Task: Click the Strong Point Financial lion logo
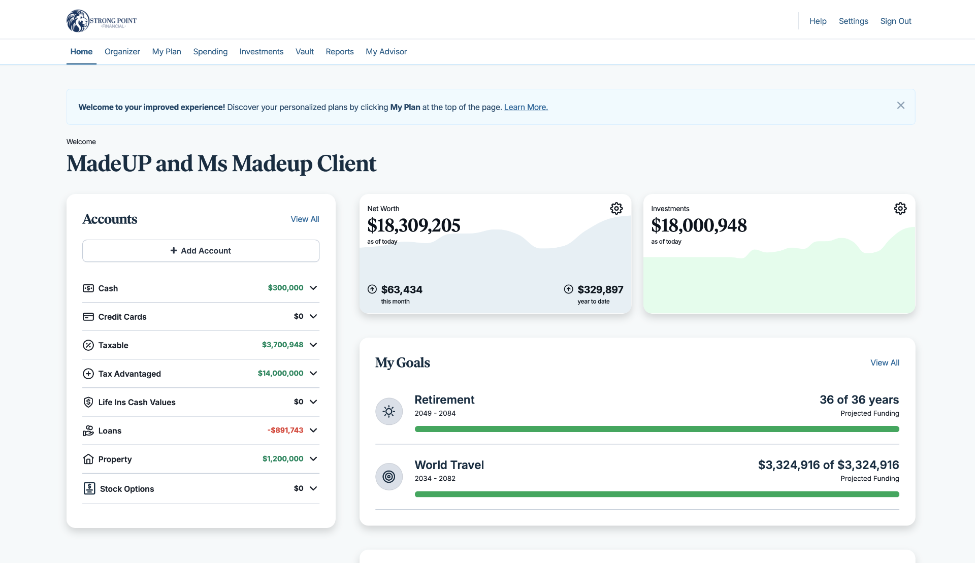(78, 21)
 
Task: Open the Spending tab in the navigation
(210, 52)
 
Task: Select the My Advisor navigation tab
(386, 52)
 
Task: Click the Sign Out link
(895, 21)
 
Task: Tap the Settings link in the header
(853, 21)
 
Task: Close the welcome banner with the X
(900, 106)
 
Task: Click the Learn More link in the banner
(526, 108)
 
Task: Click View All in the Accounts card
(305, 219)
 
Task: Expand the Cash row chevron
(313, 288)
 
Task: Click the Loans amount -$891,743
(285, 430)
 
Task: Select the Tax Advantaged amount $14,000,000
(280, 373)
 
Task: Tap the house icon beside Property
(88, 459)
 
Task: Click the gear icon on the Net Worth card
(616, 209)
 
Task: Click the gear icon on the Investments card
(900, 209)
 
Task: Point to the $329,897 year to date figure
(600, 290)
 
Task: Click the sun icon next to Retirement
(389, 411)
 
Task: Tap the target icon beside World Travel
(389, 477)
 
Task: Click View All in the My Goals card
(884, 363)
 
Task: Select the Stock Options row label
(127, 489)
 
